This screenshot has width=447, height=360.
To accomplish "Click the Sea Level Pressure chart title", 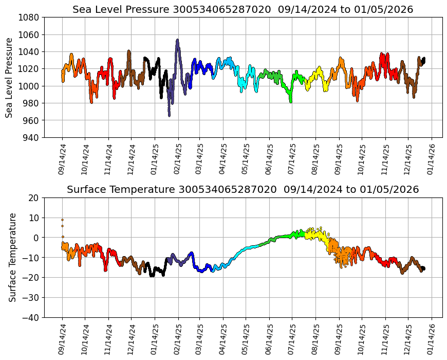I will click(243, 9).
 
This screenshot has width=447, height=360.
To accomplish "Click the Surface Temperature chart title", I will click(243, 190).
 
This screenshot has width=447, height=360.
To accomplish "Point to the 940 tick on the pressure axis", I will click(32, 137).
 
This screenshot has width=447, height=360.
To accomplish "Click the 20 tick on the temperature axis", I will click(34, 197).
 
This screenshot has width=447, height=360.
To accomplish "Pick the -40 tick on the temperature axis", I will click(32, 318).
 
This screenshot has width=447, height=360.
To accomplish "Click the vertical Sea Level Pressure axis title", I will click(10, 77).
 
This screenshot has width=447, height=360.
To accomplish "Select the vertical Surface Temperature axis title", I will click(12, 257).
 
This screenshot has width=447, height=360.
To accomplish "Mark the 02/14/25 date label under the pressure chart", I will click(178, 159).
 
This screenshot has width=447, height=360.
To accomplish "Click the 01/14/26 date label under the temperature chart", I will click(431, 340).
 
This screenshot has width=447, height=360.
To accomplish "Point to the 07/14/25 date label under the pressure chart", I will click(291, 159).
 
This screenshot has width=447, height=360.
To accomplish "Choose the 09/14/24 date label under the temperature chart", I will click(62, 340).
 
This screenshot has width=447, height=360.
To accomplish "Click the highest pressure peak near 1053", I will click(177, 40).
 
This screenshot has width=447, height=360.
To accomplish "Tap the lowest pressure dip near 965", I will click(169, 115).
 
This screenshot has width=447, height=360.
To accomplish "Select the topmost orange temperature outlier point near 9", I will click(62, 220).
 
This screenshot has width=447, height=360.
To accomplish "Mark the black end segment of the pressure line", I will click(423, 61).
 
